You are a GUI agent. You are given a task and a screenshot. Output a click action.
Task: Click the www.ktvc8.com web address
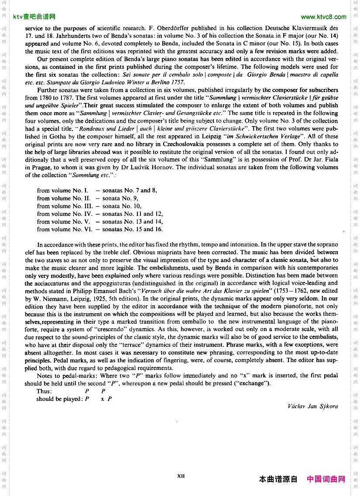[323, 17]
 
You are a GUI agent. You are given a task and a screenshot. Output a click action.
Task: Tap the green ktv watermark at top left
[34, 17]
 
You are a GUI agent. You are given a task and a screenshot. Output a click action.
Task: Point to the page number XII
[181, 476]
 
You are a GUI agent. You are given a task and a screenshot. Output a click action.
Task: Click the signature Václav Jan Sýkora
[313, 406]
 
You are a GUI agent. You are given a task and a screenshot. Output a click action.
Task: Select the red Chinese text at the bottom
[326, 479]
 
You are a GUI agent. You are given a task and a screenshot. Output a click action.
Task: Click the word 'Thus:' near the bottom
[44, 391]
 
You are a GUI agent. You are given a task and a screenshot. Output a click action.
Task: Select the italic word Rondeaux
[93, 129]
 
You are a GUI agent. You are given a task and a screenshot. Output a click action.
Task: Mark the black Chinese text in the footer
[278, 479]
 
